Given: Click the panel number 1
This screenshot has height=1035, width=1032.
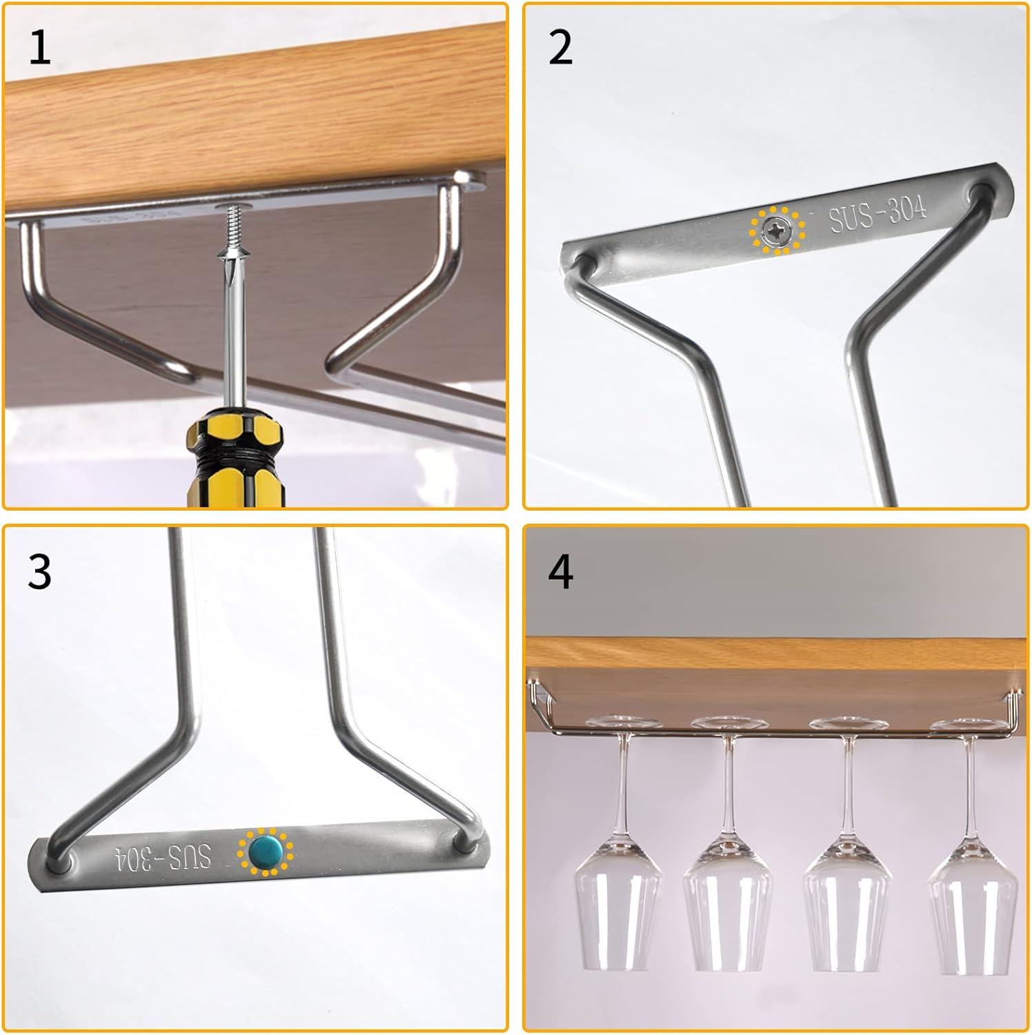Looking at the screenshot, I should point(39,48).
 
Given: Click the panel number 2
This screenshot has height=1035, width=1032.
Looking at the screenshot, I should point(560,48).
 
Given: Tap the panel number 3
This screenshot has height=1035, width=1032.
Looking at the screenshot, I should point(39,571).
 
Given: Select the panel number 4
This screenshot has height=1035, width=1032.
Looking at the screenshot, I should point(560,571).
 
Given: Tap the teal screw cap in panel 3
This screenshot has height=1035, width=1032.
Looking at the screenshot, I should point(265,852).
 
